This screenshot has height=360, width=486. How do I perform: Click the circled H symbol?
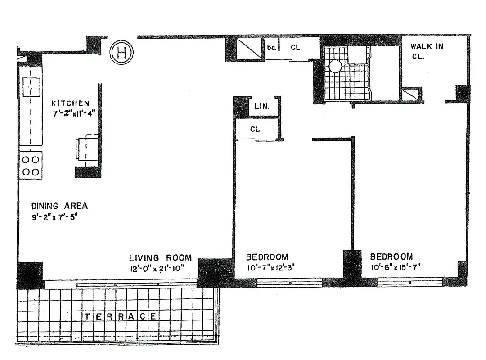[x=121, y=54]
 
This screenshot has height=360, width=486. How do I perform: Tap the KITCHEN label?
[x=70, y=103]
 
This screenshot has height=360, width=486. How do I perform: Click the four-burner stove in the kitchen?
[x=31, y=166]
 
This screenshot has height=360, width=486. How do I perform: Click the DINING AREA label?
[x=59, y=206]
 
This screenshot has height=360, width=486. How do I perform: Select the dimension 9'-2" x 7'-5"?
[x=55, y=220]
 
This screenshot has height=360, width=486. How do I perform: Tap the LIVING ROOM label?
[x=160, y=258]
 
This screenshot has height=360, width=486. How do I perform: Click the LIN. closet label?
[x=261, y=107]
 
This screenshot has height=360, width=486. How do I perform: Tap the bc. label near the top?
[x=271, y=47]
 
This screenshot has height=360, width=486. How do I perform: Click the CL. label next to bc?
[x=296, y=47]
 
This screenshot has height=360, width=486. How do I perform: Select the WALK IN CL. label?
[x=426, y=51]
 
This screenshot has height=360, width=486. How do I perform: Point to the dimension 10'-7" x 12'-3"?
[x=270, y=269]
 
